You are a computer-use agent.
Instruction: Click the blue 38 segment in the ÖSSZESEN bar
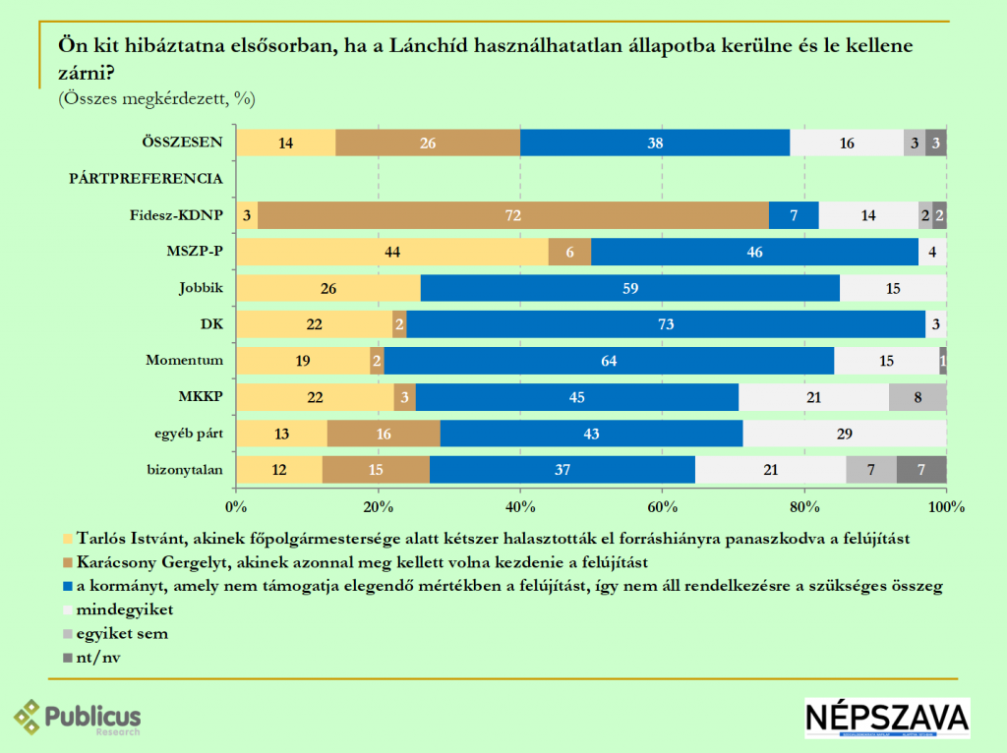(654, 143)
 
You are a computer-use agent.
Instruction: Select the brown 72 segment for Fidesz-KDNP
(510, 215)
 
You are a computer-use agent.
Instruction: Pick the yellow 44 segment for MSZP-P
(392, 252)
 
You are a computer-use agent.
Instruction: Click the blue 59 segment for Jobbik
(629, 288)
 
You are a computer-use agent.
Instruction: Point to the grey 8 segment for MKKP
(918, 397)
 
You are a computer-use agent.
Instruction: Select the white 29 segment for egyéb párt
(845, 434)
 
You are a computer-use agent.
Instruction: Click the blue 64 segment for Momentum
(610, 361)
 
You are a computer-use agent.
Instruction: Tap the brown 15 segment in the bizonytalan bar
(376, 470)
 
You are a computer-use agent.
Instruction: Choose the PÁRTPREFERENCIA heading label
(145, 179)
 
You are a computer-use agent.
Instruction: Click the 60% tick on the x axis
(663, 507)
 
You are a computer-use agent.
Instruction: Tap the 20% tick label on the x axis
(379, 507)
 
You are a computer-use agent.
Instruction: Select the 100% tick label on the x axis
(946, 507)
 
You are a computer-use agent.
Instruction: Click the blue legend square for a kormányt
(68, 587)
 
